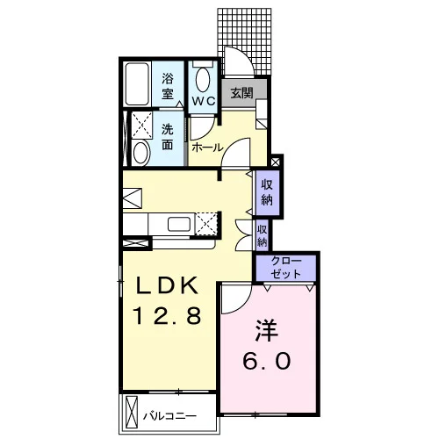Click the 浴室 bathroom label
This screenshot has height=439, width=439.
coord(168,86)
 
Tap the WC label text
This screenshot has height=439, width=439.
coord(204,101)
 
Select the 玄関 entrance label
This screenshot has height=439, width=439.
coord(241,93)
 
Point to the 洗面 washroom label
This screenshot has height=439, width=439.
coord(168,137)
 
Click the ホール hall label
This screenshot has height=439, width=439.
coord(207,148)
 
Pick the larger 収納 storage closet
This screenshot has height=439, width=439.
coord(267,192)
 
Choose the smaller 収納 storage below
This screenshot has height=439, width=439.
coord(263,236)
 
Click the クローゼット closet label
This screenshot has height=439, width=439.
coord(285,267)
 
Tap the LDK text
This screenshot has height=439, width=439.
coord(167,285)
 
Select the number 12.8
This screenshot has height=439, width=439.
coord(167,315)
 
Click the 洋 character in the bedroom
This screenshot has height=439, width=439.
coord(267,331)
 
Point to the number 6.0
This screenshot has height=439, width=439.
coord(267,361)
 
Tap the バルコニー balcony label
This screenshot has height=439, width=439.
coord(169,416)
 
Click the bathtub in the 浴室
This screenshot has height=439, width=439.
coord(137,84)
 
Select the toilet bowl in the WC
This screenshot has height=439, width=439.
coord(203,80)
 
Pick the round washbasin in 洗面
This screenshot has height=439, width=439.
coord(142,153)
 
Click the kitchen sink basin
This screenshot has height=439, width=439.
coord(179,225)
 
